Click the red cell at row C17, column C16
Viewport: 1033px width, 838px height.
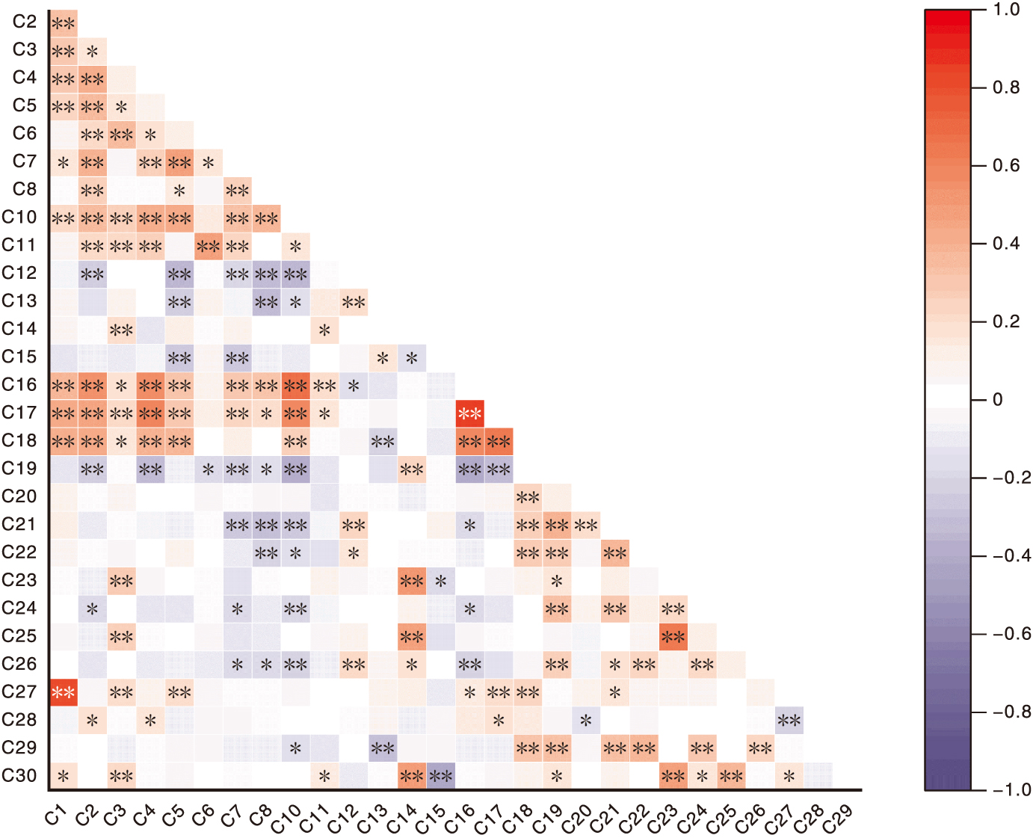pos(469,413)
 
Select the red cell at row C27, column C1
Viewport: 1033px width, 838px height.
pos(64,692)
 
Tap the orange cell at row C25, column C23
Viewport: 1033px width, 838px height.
pos(673,636)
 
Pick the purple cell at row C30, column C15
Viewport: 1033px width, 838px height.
pos(441,775)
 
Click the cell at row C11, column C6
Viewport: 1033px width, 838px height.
pos(209,245)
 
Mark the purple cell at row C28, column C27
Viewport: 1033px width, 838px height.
pos(789,720)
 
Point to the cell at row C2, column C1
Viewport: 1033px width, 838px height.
pos(64,23)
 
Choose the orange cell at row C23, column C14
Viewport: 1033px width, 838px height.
pos(412,581)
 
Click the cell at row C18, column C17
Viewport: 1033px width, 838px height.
pos(499,441)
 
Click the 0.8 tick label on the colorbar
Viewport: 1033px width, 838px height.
pos(1005,87)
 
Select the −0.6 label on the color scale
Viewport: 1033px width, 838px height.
pos(1011,634)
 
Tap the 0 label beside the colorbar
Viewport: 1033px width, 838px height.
pos(997,400)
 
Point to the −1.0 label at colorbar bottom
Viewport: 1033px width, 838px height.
pos(1011,789)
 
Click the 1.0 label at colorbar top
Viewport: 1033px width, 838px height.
pos(1006,10)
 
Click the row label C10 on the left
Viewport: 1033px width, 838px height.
pos(19,218)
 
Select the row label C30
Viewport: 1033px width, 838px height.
pos(19,775)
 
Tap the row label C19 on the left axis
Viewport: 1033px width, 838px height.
pos(19,469)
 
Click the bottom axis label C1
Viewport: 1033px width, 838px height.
pos(55,816)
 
